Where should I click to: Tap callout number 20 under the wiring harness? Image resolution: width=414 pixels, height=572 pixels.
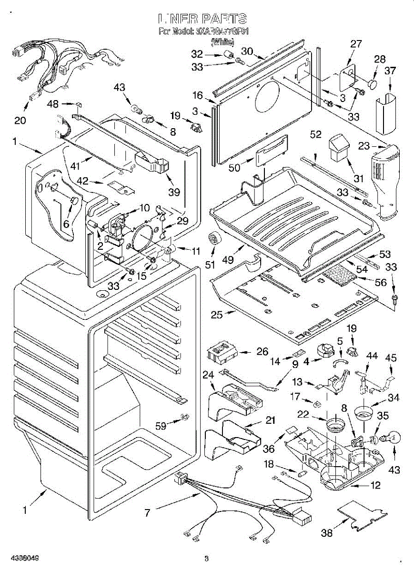(20, 120)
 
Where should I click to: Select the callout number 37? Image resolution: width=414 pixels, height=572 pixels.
(390, 71)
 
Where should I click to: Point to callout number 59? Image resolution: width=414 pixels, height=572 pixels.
(162, 426)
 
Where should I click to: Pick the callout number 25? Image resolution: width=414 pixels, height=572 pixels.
(217, 315)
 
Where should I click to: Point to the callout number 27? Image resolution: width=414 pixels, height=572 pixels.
(356, 44)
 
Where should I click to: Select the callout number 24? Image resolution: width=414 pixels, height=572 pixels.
(208, 375)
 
